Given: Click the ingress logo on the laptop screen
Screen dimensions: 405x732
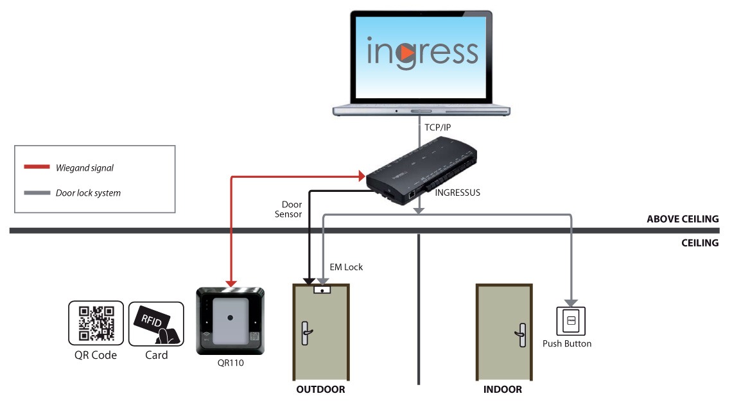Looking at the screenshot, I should tap(422, 52).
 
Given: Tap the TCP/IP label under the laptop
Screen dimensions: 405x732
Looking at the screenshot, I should tap(437, 128).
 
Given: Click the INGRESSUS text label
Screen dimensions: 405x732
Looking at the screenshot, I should tap(458, 192).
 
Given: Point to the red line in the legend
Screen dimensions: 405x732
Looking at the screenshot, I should tap(37, 168).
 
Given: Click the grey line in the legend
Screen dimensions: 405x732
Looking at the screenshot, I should tap(37, 193).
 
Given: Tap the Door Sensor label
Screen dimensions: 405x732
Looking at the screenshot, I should tap(288, 209).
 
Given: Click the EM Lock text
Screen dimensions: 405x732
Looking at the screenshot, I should tap(347, 267).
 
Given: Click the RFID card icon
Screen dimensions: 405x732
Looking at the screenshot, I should tap(156, 323).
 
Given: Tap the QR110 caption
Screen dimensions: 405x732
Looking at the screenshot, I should tap(231, 363).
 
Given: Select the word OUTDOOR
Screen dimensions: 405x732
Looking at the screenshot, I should tap(321, 390).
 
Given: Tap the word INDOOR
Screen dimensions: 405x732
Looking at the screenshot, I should tap(502, 390).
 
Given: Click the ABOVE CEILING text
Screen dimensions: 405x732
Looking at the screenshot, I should tap(682, 220).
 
